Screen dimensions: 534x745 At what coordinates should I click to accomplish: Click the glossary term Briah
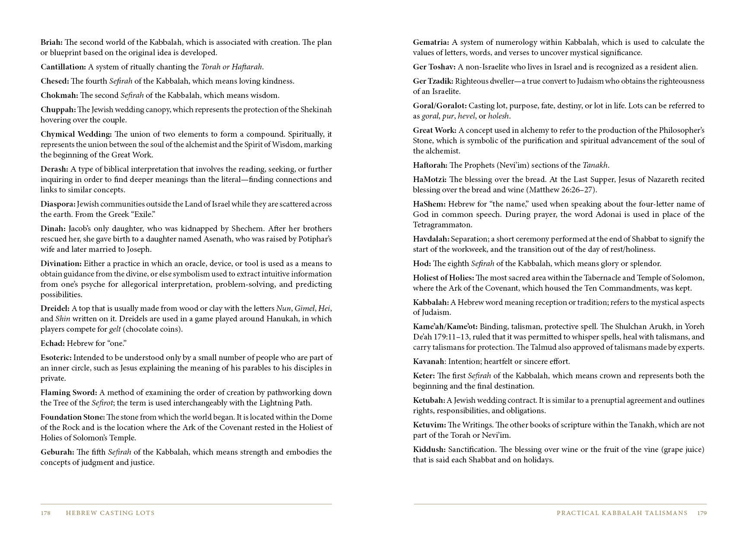tap(51, 42)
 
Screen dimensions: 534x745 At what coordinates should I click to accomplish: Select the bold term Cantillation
tap(63, 67)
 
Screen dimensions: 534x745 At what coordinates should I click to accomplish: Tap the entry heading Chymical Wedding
tap(76, 134)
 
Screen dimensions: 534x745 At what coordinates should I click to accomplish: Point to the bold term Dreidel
tap(55, 308)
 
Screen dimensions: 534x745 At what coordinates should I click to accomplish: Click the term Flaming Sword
tap(69, 393)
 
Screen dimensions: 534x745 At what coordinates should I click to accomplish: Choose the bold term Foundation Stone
tap(73, 417)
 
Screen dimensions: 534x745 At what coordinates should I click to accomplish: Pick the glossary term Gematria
tap(431, 42)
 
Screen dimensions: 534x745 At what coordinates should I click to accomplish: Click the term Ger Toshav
tap(434, 67)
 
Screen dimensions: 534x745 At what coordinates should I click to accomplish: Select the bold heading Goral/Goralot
tap(439, 106)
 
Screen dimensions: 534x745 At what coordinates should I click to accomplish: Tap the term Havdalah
tap(431, 239)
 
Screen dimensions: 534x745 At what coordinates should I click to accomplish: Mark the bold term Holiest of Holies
tap(443, 278)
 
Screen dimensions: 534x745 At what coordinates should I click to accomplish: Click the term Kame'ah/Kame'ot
tap(445, 327)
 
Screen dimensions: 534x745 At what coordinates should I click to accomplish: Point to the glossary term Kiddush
tap(429, 449)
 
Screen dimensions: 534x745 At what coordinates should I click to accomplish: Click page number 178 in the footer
tap(46, 513)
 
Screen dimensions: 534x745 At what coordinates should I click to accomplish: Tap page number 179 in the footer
tap(702, 513)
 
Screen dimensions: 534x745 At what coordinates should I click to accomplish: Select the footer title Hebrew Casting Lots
tap(110, 513)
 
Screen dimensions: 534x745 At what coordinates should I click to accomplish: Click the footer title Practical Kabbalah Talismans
tap(622, 513)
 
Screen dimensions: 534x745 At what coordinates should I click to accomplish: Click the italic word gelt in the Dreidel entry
tap(115, 329)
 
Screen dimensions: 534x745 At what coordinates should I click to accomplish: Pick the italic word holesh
tap(499, 116)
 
